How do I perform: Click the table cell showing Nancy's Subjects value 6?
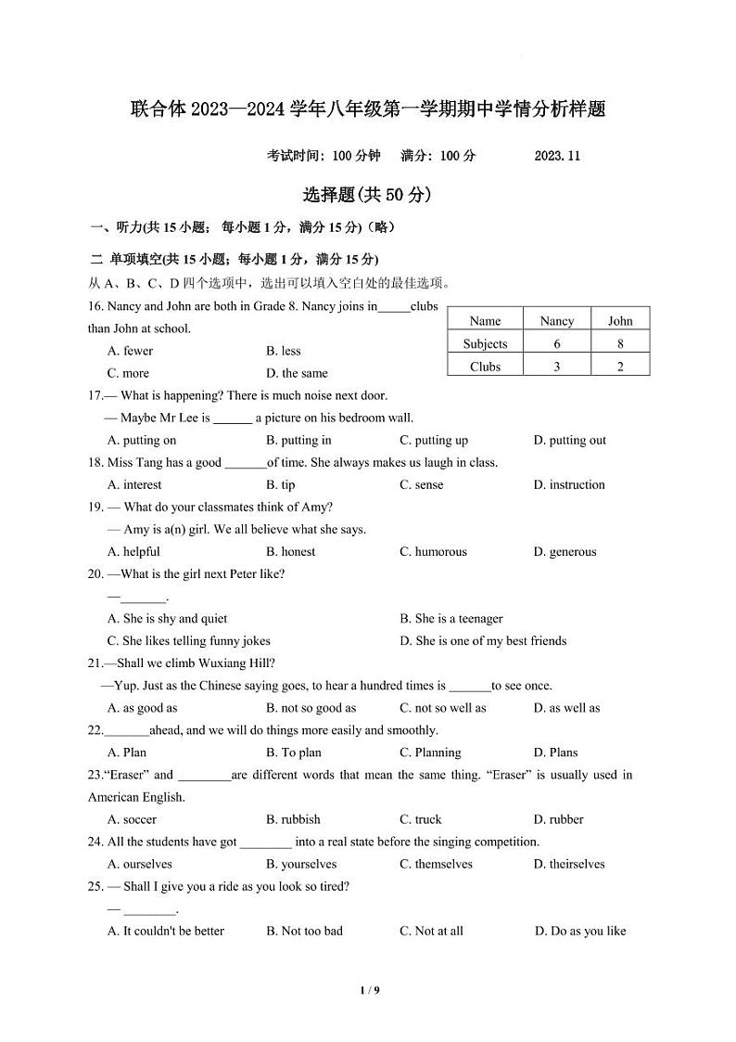pyautogui.click(x=556, y=343)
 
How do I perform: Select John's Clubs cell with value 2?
pyautogui.click(x=620, y=367)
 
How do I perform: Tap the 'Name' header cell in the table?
pyautogui.click(x=485, y=321)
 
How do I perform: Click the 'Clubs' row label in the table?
pyautogui.click(x=485, y=367)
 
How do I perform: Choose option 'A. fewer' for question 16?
pyautogui.click(x=130, y=351)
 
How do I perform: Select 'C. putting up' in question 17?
pyautogui.click(x=434, y=440)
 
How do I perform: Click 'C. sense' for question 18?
pyautogui.click(x=422, y=484)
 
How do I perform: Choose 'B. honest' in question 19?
pyautogui.click(x=290, y=551)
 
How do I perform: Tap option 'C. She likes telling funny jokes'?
pyautogui.click(x=189, y=640)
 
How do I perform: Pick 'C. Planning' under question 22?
pyautogui.click(x=430, y=753)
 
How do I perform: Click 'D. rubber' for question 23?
pyautogui.click(x=559, y=819)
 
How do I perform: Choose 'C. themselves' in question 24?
pyautogui.click(x=436, y=864)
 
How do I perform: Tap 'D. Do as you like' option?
pyautogui.click(x=580, y=931)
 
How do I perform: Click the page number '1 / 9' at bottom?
pyautogui.click(x=369, y=990)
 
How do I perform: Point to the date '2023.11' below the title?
pyautogui.click(x=557, y=156)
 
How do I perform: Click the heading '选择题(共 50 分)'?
pyautogui.click(x=367, y=195)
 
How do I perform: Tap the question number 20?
pyautogui.click(x=95, y=573)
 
